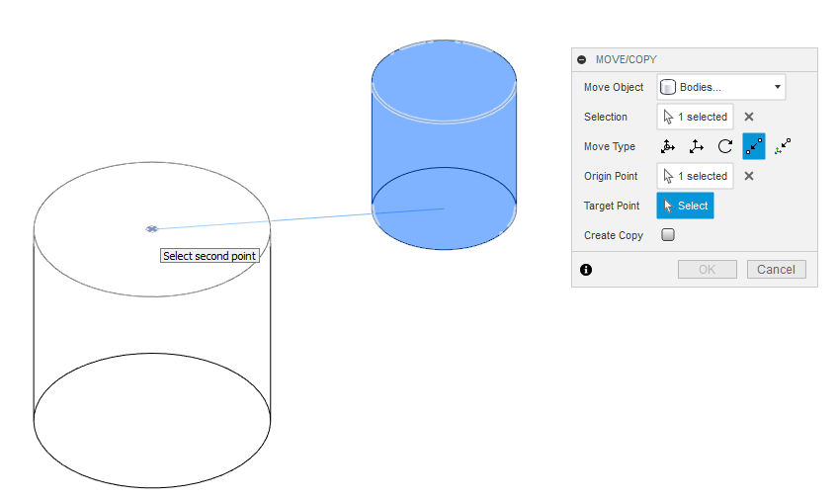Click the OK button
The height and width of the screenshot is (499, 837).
tap(708, 270)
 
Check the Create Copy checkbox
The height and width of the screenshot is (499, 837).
tap(668, 235)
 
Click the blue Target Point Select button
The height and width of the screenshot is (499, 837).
tap(685, 206)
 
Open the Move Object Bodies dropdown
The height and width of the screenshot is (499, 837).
tap(721, 87)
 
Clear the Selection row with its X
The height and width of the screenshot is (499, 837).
tap(749, 117)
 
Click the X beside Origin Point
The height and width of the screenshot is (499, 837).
tap(749, 176)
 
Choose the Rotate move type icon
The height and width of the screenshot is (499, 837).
tap(725, 146)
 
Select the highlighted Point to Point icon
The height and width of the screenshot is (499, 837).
tap(754, 146)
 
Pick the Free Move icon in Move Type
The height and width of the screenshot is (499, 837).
tap(668, 146)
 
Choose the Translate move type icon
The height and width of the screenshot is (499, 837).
tap(696, 146)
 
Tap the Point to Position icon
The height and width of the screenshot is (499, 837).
tap(783, 146)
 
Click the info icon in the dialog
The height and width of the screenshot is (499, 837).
tap(586, 270)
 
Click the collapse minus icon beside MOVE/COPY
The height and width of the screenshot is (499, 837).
tap(582, 59)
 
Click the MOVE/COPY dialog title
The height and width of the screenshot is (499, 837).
tap(627, 59)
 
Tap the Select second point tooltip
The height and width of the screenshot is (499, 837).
tap(209, 256)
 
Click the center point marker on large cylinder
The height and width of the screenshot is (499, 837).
tap(152, 229)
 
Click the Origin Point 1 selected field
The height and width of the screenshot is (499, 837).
tap(695, 176)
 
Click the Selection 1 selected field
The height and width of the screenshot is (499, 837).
tap(695, 117)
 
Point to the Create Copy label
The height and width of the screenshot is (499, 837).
tap(614, 235)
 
